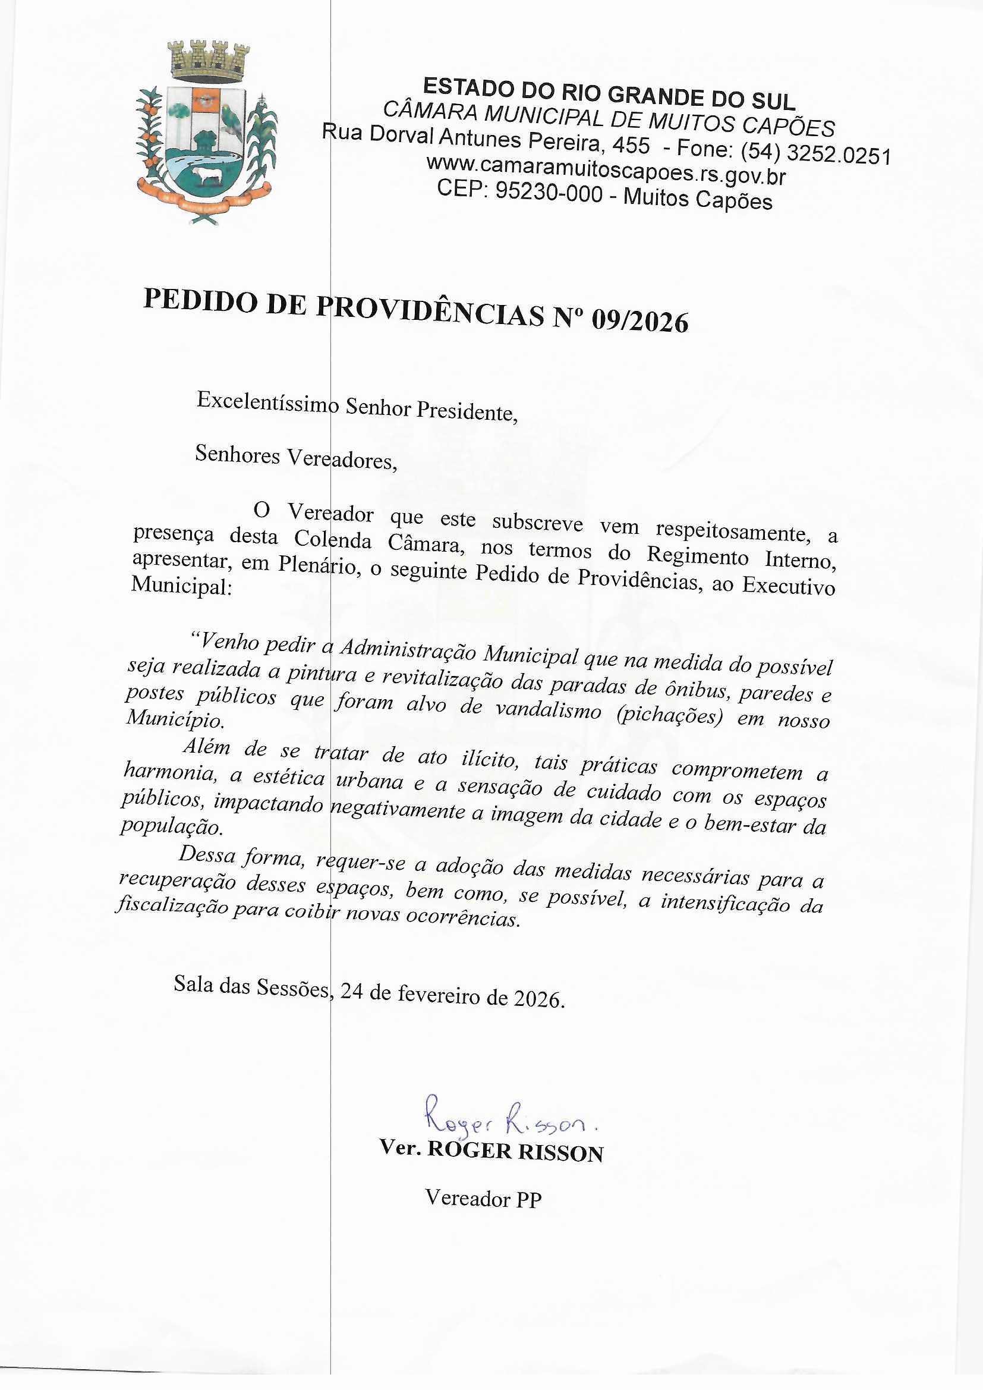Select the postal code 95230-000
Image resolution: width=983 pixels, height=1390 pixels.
tap(549, 193)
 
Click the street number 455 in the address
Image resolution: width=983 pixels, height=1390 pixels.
tap(631, 145)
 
